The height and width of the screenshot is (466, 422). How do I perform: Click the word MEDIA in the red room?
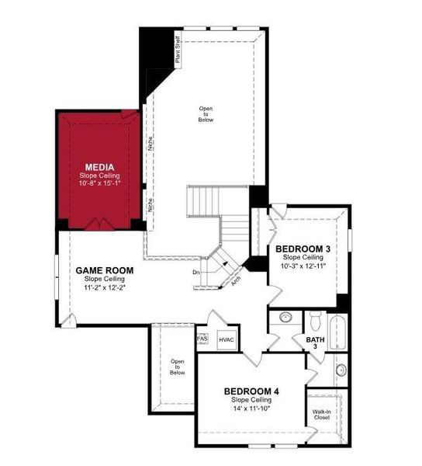(x=100, y=167)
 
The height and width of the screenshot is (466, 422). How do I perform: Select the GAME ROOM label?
(x=104, y=270)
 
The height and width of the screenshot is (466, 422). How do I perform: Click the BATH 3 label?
(x=314, y=343)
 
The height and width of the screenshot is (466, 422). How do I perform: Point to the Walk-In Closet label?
(x=321, y=415)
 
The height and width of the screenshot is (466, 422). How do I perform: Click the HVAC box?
(x=227, y=340)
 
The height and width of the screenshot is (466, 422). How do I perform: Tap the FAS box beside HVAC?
(x=202, y=339)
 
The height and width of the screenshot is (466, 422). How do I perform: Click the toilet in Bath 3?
(x=314, y=318)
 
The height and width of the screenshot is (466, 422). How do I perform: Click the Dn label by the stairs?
(x=197, y=272)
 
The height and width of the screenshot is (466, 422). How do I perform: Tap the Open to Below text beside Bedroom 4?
(x=178, y=367)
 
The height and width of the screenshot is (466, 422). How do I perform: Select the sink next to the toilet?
(x=285, y=318)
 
